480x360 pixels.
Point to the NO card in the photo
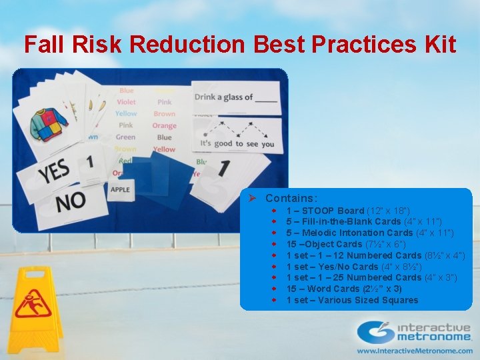70,201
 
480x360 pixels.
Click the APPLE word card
120,189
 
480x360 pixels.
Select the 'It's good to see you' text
237,143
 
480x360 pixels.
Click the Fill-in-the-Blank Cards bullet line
363,221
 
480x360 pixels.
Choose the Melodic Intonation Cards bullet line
369,233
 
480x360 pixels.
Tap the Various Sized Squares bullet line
352,300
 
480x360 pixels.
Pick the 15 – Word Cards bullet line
343,289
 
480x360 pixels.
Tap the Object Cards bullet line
341,244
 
